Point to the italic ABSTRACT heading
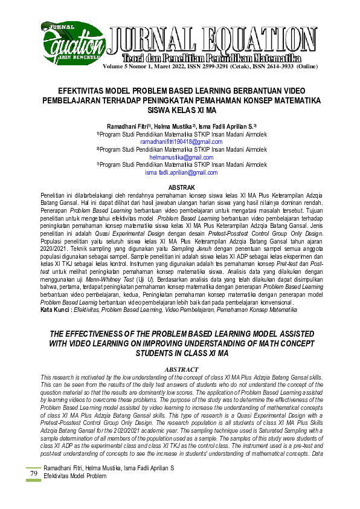[x=181, y=369]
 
